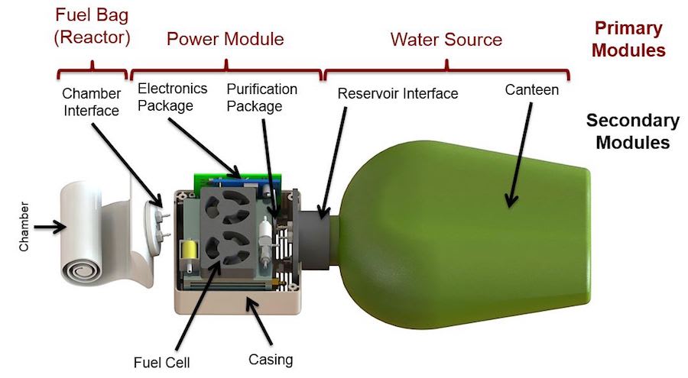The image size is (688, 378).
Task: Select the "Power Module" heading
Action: [x=225, y=39]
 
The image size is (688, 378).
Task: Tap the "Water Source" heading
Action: [x=446, y=39]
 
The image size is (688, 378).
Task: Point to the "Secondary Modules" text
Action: [x=631, y=131]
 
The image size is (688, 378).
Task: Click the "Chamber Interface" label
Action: [x=91, y=102]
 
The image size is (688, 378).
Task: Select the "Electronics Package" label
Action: [x=172, y=96]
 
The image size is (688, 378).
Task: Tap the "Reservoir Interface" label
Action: [x=398, y=94]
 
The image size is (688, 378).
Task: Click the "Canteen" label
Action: [x=532, y=90]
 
